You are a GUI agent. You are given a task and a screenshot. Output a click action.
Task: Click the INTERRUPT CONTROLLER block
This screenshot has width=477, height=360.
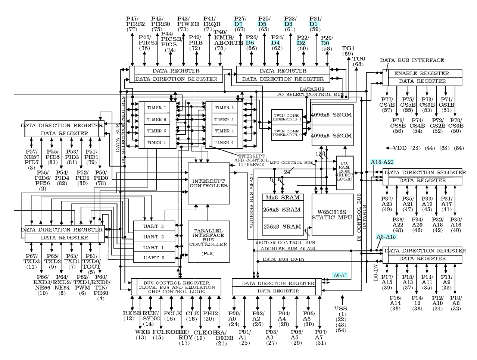(x=209, y=183)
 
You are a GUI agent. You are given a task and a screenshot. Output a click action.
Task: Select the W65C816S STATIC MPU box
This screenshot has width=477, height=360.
(x=332, y=215)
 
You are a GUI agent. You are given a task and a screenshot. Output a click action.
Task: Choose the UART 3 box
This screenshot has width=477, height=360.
(x=154, y=226)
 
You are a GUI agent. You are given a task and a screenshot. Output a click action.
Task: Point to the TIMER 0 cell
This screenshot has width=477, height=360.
(x=224, y=143)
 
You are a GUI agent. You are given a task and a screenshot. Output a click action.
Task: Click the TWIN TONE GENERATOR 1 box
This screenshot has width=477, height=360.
(x=286, y=117)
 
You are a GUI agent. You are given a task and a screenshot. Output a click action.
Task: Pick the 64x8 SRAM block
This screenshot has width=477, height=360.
(x=281, y=197)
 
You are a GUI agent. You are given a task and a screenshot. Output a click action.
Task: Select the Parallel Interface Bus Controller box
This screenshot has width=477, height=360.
(x=208, y=241)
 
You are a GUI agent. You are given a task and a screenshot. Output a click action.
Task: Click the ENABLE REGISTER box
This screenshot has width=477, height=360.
(x=422, y=73)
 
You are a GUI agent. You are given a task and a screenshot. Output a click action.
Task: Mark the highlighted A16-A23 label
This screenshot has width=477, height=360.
(x=382, y=162)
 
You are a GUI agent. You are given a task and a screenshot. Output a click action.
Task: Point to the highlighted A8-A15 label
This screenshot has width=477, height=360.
(x=386, y=237)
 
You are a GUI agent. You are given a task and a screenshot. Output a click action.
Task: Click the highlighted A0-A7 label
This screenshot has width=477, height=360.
(x=340, y=275)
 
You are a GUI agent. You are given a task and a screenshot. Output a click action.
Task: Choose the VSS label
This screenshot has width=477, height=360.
(x=340, y=309)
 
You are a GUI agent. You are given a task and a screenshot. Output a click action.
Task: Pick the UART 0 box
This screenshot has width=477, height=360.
(x=154, y=257)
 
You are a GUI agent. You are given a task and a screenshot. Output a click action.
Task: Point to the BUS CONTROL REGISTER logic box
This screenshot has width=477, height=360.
(x=177, y=287)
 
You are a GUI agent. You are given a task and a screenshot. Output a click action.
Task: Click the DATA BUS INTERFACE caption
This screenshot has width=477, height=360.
(x=412, y=60)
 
